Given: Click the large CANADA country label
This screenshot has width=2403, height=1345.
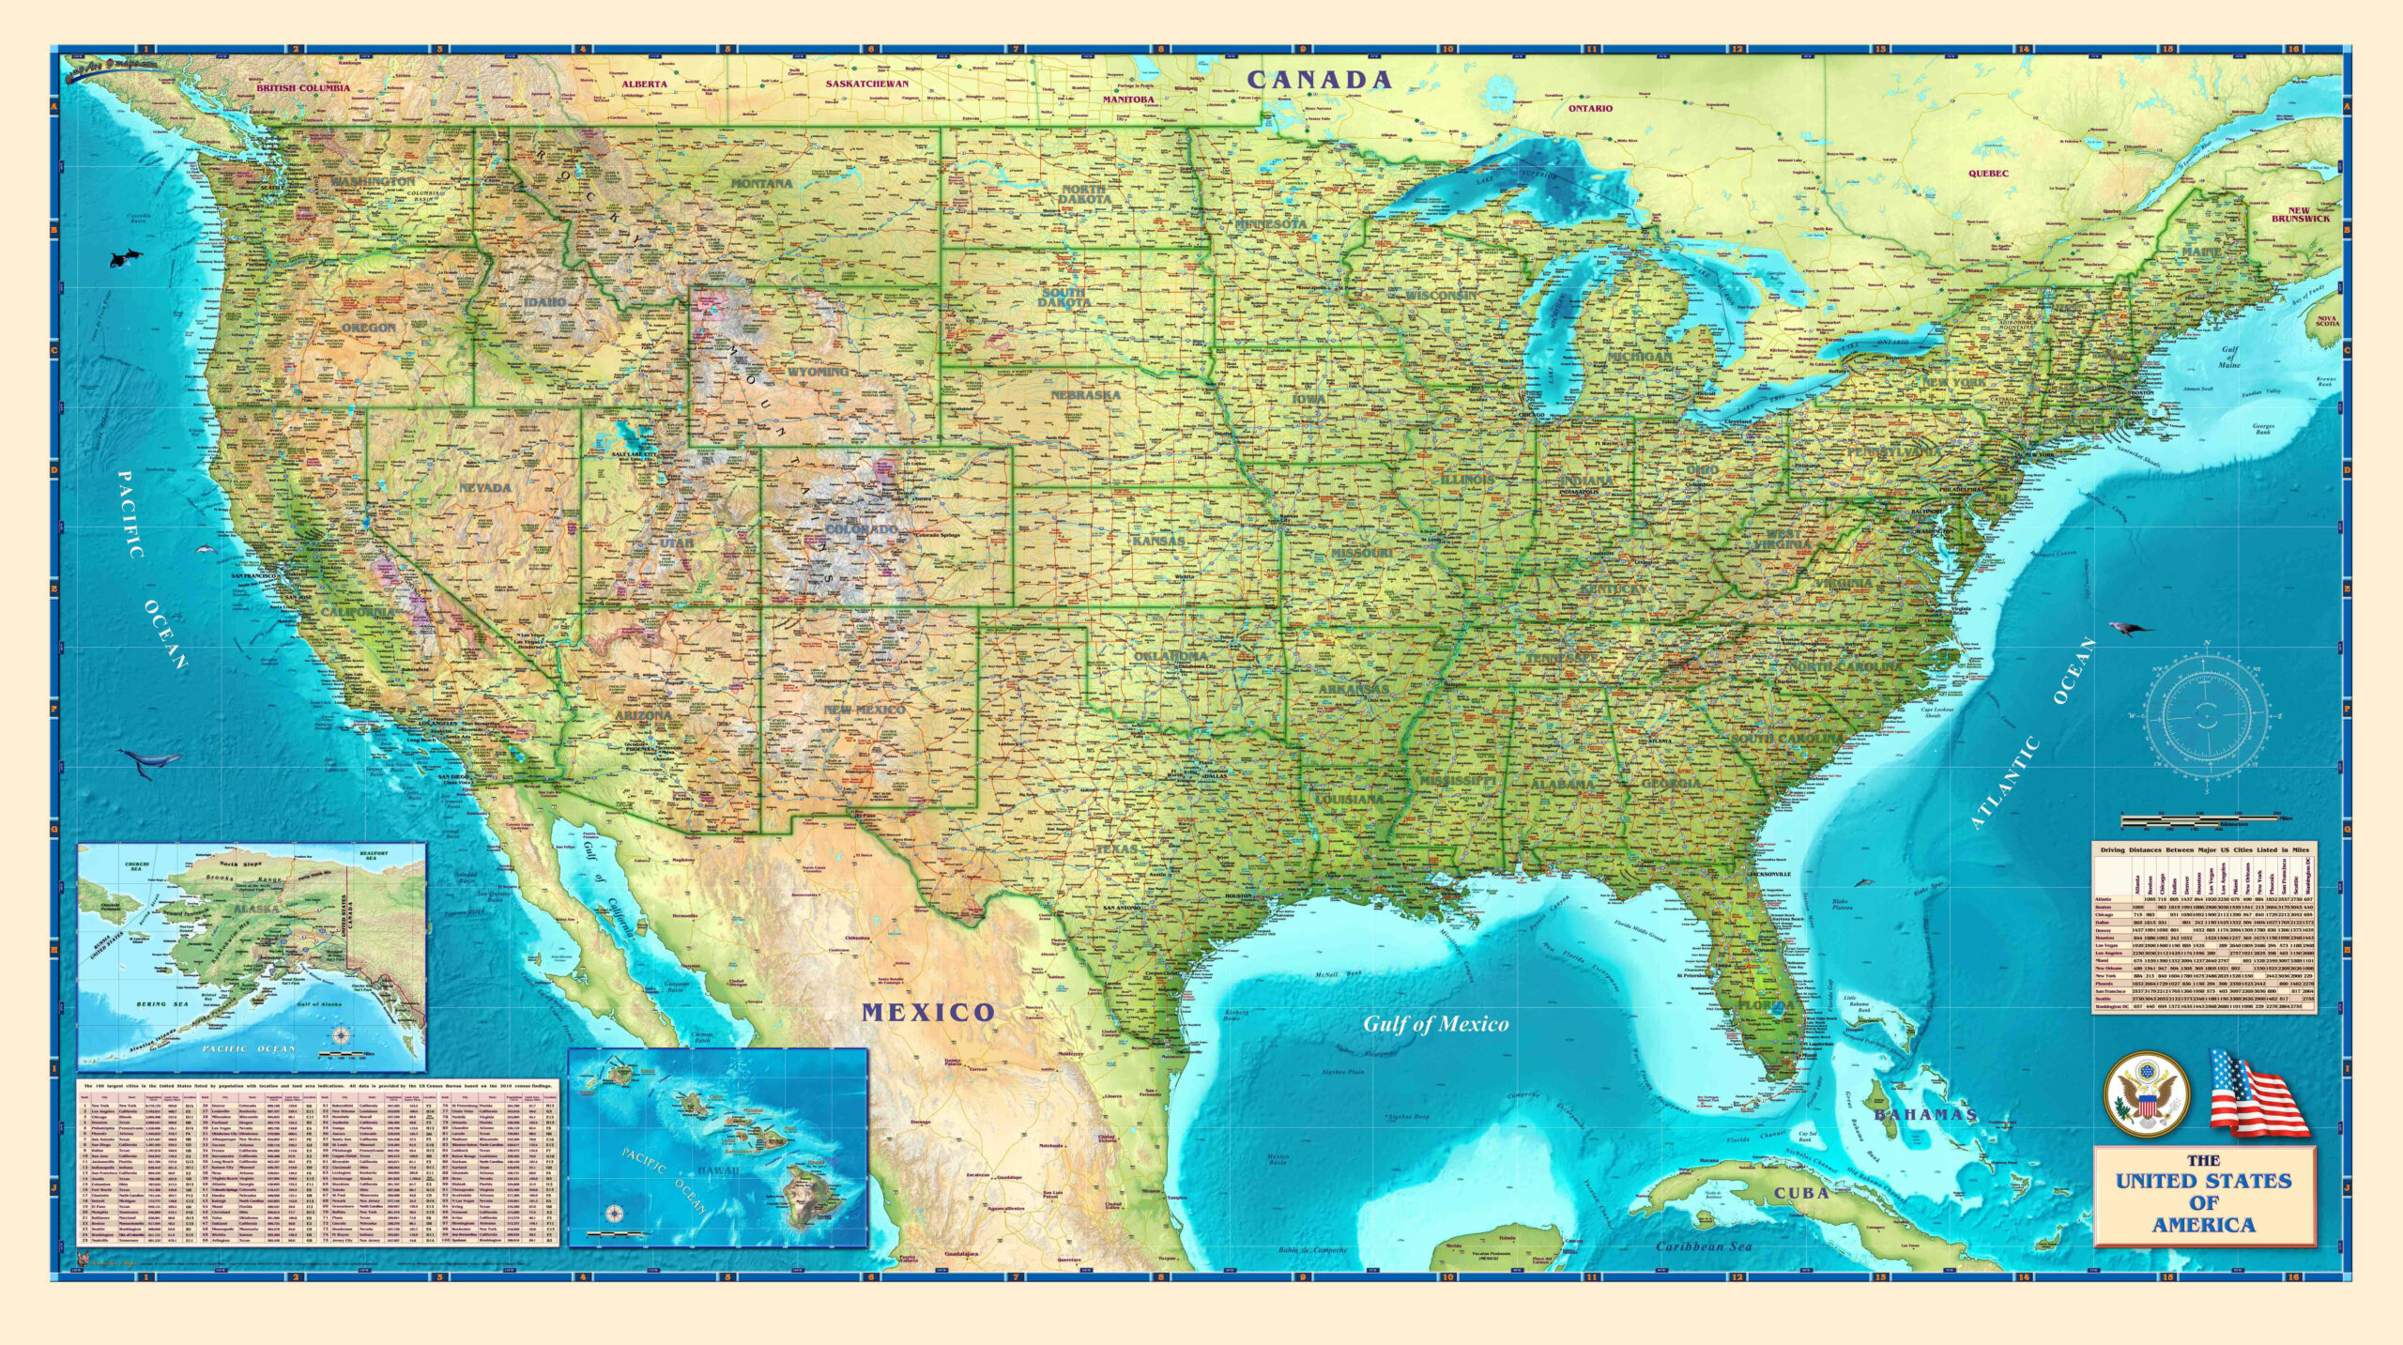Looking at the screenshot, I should point(1319,80).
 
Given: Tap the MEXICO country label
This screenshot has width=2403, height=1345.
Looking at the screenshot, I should point(928,1012).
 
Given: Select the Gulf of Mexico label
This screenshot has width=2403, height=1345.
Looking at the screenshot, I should point(1435,1024).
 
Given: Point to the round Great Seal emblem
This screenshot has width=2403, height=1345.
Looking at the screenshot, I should point(2147,1094).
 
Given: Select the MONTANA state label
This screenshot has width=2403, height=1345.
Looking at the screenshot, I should point(762,183).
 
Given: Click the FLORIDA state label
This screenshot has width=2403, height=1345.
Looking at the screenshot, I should point(1766,1004).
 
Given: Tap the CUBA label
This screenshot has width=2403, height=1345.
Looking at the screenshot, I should point(1800,1193).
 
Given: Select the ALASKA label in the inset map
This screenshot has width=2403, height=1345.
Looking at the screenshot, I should point(257,909).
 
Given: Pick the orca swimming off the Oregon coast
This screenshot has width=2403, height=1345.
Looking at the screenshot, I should point(122,258).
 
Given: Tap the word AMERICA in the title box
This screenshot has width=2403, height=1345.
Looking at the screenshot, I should point(2203,1225).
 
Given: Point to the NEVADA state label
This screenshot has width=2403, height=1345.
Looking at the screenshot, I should point(485,487).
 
